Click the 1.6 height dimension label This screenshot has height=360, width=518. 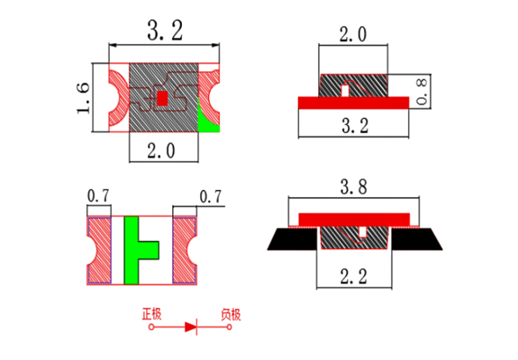click(83, 98)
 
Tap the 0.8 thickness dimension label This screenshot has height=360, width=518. click(422, 92)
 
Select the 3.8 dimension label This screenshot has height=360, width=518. click(353, 187)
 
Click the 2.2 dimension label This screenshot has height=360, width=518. click(353, 276)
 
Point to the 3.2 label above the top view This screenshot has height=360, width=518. click(165, 31)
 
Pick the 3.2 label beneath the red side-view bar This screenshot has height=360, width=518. click(355, 125)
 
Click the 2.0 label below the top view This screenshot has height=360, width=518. click(161, 151)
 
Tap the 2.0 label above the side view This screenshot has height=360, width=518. click(353, 34)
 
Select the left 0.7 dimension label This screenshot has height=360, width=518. click(98, 196)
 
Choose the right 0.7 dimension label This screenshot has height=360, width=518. click(211, 197)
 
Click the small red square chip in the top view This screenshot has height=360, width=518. click(162, 98)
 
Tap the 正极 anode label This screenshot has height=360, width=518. click(151, 314)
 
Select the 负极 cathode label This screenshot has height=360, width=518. click(231, 314)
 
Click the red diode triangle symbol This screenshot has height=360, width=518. click(191, 327)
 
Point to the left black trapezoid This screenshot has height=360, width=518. click(294, 238)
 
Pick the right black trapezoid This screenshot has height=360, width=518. click(416, 238)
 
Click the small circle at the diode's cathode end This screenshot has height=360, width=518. click(229, 327)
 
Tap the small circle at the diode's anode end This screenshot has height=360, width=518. click(151, 327)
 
